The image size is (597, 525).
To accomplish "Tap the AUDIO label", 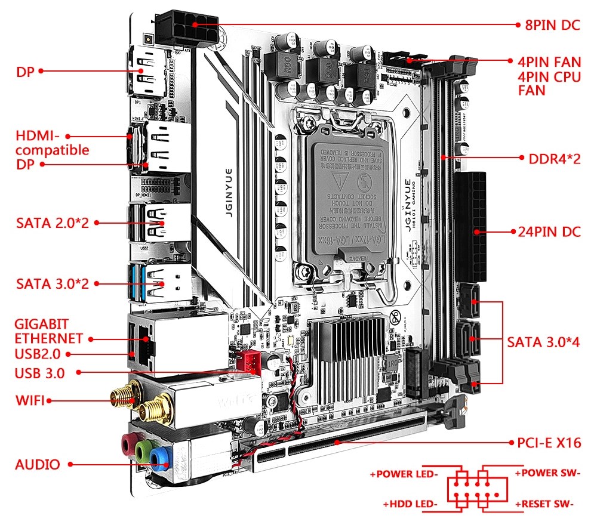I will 38,464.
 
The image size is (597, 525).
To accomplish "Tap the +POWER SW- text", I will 547,473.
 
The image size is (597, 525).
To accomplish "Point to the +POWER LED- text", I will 404,474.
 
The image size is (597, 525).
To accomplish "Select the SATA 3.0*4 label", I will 543,342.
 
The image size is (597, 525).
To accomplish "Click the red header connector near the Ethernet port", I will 245,360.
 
